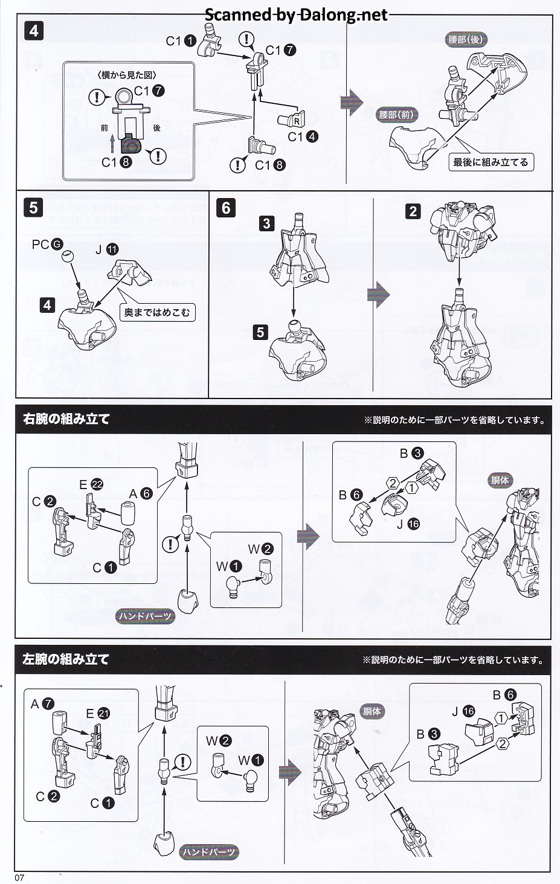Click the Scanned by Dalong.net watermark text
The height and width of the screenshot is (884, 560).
(x=296, y=15)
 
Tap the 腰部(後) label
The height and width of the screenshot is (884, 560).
(x=466, y=40)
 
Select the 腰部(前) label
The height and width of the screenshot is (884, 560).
(x=397, y=115)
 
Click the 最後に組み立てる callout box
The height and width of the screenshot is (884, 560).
(x=491, y=162)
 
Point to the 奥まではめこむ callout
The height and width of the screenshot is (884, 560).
(x=157, y=312)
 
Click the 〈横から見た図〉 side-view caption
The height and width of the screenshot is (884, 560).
(x=126, y=75)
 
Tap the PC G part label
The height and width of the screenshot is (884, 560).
(x=47, y=244)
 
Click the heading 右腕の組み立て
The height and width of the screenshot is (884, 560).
(x=66, y=418)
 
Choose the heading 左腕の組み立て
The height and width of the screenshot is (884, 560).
(x=66, y=659)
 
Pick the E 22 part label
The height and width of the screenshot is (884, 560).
(x=91, y=484)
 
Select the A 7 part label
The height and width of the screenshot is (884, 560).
(x=42, y=703)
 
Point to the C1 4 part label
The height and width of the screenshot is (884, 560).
(x=302, y=137)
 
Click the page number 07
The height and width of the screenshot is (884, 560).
(x=19, y=877)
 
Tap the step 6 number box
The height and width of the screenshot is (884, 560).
(x=226, y=208)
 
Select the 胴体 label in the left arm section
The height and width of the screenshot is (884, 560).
(x=372, y=711)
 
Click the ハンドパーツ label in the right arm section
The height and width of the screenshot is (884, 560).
(x=145, y=616)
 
